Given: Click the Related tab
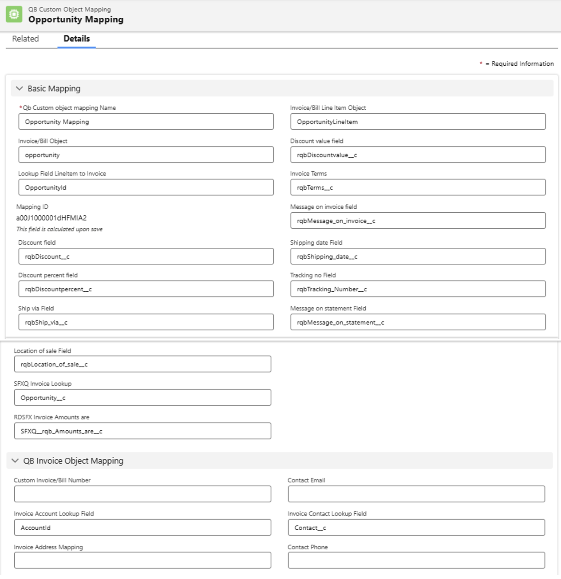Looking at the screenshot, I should coord(25,39).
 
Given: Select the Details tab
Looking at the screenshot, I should coord(76,39).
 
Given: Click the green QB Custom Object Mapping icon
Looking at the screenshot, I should coord(14,14).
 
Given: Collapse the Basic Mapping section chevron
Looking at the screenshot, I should coord(19,88).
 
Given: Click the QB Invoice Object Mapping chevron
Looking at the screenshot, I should coord(15,460).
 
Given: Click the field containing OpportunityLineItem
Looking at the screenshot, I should coord(418,122).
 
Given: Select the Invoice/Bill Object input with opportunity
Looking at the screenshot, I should coord(146,155).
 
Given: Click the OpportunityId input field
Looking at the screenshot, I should coord(146,187).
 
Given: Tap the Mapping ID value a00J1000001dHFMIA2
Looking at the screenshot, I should coord(51,218).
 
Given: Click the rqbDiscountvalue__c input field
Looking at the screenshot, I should coord(418,155).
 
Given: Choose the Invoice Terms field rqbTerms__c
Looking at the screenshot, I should coord(418,187).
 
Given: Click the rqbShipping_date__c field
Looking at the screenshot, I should coord(418,257).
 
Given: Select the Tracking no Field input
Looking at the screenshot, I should coord(418,289).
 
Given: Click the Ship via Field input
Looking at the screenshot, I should coord(146,322).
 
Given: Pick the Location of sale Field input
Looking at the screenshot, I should coord(142,364).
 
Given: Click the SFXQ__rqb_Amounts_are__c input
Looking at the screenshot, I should coord(142,431).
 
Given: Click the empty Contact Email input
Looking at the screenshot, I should coord(416,494).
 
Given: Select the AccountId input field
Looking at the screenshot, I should coord(142,527).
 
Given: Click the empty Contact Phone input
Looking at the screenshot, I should coord(416,560).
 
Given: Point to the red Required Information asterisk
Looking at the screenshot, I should coord(481,63).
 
